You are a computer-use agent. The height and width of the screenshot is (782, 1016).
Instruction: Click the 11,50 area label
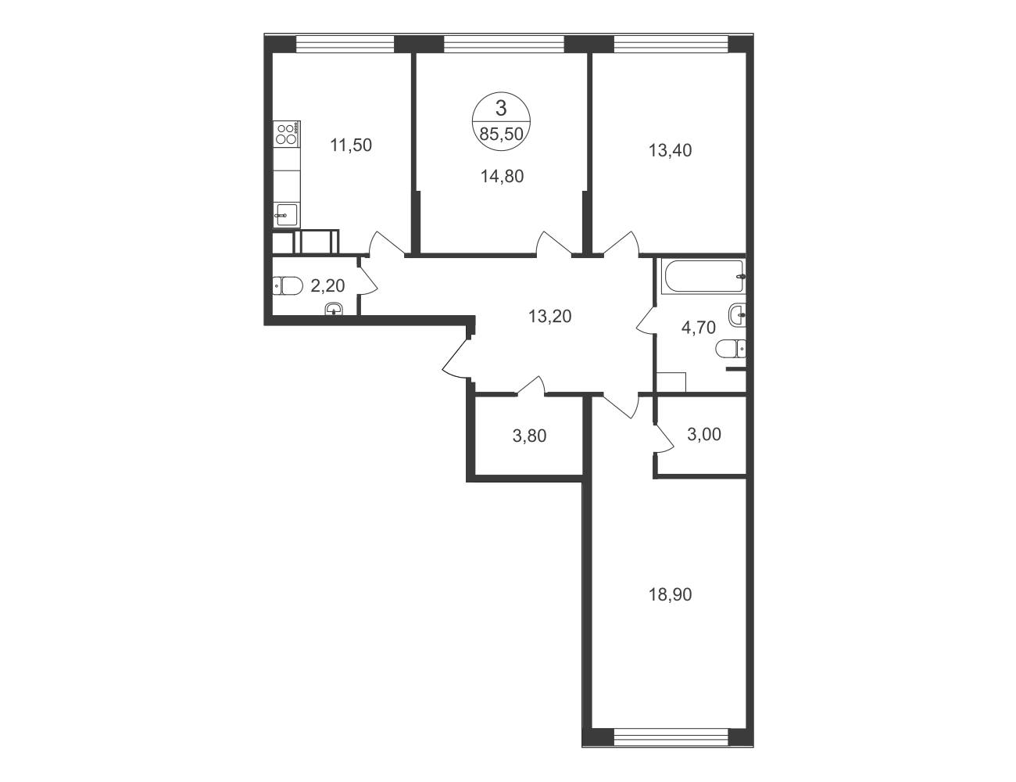click(351, 145)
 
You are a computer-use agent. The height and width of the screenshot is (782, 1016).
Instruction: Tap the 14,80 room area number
click(503, 176)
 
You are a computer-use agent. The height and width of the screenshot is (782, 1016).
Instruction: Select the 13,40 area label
click(670, 151)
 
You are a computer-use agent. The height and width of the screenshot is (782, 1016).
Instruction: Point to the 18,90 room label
click(670, 595)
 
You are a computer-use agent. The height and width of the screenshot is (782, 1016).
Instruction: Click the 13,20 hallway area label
click(550, 317)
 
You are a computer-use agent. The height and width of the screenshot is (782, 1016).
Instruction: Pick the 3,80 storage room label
click(529, 436)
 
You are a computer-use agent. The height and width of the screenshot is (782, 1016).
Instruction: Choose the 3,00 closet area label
click(703, 435)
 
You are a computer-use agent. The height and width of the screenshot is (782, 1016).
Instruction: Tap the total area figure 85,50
click(501, 135)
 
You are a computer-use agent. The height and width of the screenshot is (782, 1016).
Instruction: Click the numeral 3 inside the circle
click(501, 109)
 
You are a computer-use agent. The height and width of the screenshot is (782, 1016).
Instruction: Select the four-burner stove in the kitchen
click(287, 134)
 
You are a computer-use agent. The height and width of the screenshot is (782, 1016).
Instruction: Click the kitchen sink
click(286, 215)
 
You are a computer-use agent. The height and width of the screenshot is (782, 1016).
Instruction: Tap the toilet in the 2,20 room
click(288, 285)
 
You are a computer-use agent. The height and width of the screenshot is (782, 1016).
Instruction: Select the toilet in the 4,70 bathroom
click(730, 349)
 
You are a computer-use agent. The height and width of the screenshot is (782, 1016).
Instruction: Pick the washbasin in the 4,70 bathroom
click(737, 315)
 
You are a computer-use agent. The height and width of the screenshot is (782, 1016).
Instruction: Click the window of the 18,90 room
click(671, 738)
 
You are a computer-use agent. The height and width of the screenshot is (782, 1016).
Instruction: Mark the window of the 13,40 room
click(671, 45)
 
